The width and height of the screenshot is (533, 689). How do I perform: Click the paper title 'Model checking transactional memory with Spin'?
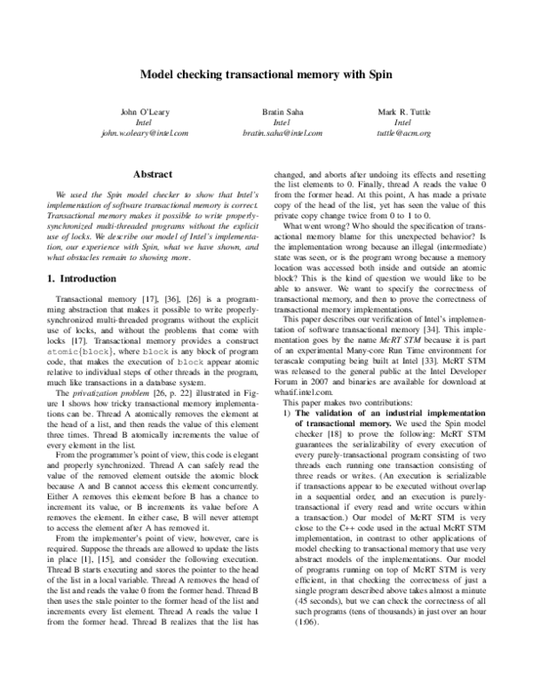pyautogui.click(x=266, y=75)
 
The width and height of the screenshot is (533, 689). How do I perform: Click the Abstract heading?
pyautogui.click(x=145, y=176)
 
